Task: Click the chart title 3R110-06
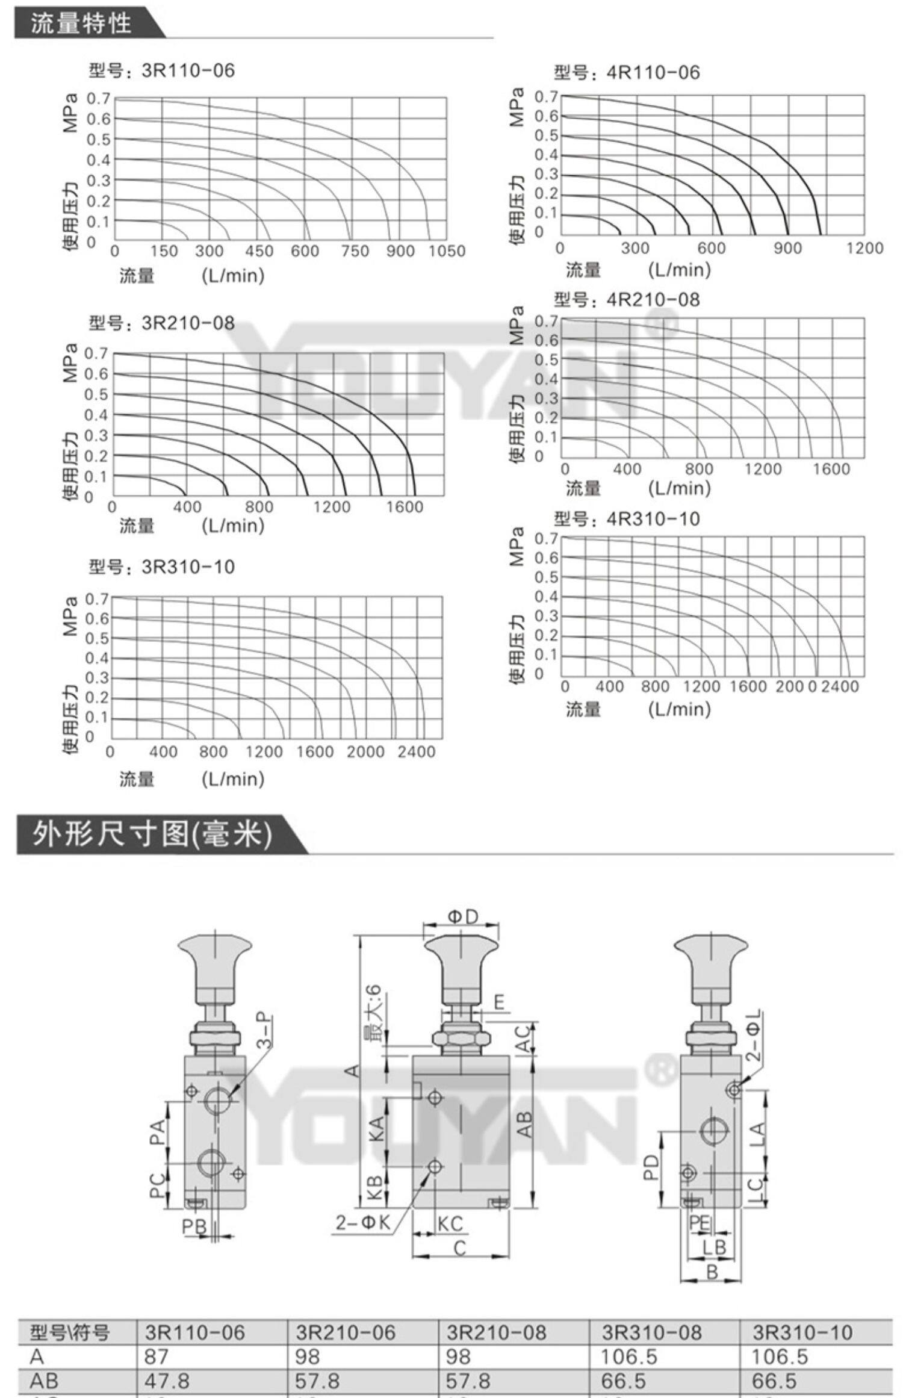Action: (161, 70)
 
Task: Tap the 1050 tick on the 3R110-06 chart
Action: (447, 251)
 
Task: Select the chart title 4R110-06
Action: (627, 73)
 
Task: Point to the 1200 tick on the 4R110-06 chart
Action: (864, 248)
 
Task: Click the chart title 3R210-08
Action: (161, 323)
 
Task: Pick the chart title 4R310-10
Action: (627, 518)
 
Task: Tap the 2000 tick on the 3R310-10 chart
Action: (365, 752)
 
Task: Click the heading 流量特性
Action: (81, 23)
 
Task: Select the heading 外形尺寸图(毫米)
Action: (152, 834)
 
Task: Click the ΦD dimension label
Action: (462, 917)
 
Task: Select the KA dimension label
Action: (374, 1128)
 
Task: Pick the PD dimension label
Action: (651, 1168)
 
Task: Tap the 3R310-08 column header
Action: (651, 1332)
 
